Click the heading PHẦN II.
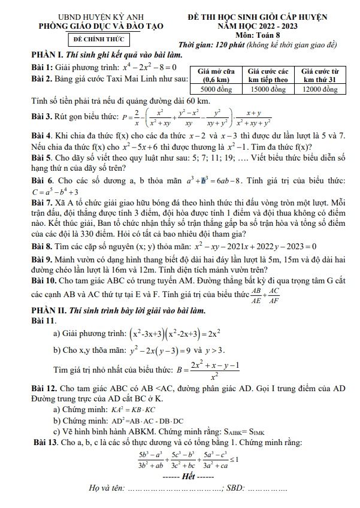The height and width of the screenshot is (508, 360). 50,311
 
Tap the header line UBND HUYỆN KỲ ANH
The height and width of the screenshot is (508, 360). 98,17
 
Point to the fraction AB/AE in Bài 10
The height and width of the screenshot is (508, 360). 256,295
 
